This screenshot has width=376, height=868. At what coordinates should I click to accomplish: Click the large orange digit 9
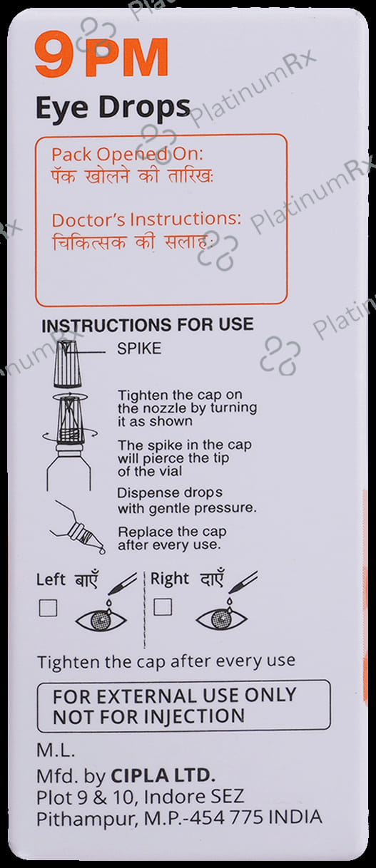54,55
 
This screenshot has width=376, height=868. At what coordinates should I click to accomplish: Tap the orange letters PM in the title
127,57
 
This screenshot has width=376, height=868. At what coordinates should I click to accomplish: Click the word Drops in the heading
144,108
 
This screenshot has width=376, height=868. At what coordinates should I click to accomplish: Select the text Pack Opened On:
127,154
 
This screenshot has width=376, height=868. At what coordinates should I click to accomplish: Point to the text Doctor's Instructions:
147,219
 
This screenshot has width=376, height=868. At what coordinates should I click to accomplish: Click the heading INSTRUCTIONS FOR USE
148,325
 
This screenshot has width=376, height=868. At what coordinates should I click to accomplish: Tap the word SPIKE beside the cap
139,348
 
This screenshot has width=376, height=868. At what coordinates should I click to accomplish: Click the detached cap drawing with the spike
68,364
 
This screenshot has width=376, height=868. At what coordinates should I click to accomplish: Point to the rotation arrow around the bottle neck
70,435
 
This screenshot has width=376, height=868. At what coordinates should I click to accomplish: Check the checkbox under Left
49,608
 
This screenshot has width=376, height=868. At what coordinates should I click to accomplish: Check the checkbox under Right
163,607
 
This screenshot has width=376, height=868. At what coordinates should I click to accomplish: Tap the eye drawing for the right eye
222,619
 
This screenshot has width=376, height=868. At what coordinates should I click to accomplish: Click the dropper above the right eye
243,582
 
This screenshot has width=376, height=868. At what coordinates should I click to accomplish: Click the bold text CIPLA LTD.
163,775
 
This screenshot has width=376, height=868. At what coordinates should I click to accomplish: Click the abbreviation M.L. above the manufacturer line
56,750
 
